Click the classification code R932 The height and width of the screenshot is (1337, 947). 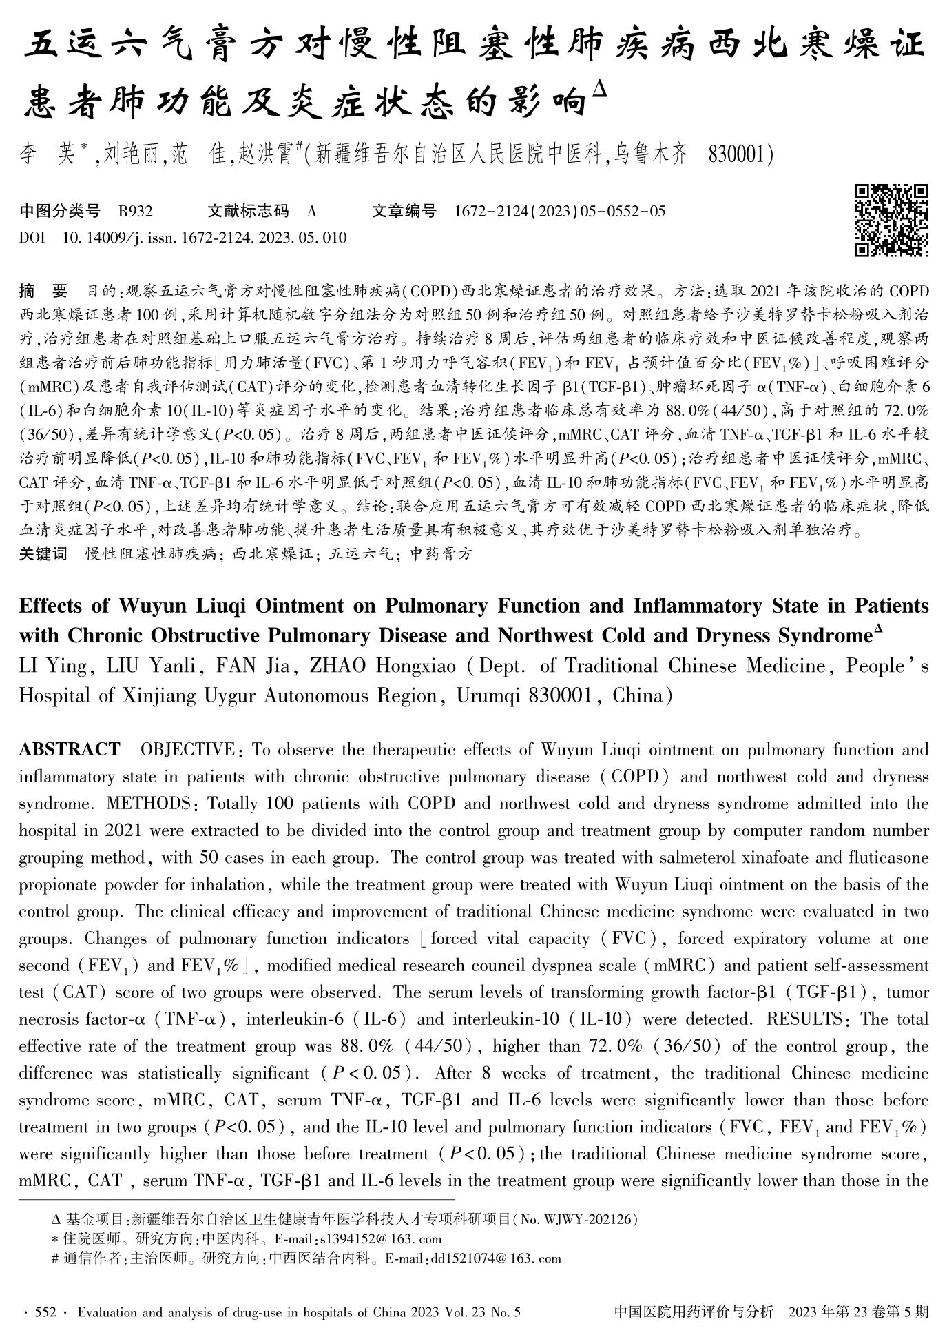point(135,212)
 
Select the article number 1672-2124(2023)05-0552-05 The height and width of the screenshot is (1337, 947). point(560,212)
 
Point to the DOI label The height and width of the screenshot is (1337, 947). point(32,238)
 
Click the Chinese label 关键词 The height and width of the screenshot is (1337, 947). point(43,553)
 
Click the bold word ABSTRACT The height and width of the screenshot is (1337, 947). point(69,750)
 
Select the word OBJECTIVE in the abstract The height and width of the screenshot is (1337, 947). point(187,750)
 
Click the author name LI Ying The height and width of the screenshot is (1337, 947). point(53,666)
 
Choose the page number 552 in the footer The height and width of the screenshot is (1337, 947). point(44,1312)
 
